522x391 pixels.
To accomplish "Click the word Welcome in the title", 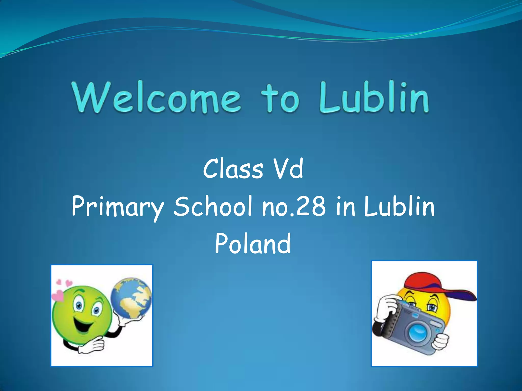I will tap(156, 98).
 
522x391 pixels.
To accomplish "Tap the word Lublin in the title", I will tap(374, 98).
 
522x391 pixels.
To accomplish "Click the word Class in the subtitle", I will tap(233, 169).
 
